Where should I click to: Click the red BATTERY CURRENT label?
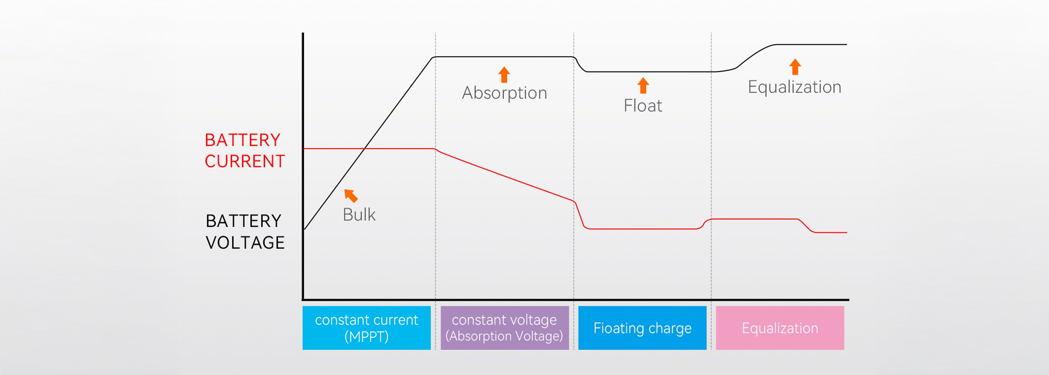pos(245,150)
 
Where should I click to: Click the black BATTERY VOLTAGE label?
pos(245,231)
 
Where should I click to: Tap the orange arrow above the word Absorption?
pos(504,75)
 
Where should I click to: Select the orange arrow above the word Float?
pos(643,85)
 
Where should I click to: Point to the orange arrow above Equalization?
pos(795,67)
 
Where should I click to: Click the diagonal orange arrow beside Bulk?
pos(351,196)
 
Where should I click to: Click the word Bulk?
pos(359,214)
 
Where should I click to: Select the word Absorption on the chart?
pos(505,93)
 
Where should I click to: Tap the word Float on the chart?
pos(643,106)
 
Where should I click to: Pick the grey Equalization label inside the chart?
pos(795,87)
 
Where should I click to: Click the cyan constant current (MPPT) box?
pos(366,328)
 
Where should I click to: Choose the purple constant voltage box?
pos(505,328)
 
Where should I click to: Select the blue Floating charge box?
pos(642,328)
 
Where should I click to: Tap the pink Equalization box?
pos(780,328)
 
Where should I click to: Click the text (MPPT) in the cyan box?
pos(366,337)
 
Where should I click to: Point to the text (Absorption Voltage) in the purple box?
pos(504,336)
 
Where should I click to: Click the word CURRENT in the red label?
pos(245,161)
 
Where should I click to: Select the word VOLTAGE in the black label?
pos(245,243)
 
